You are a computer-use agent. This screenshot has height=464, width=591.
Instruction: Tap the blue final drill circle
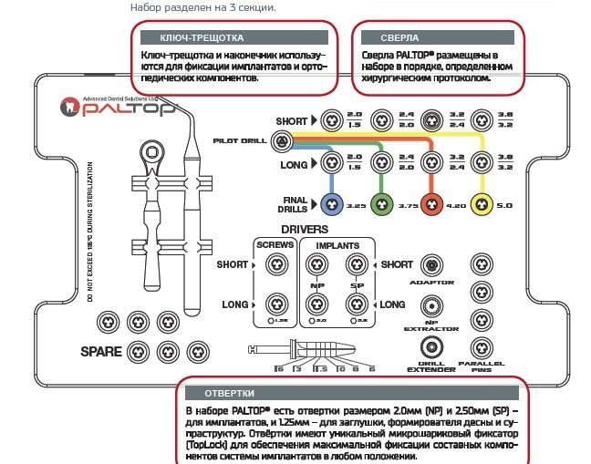pyautogui.click(x=331, y=205)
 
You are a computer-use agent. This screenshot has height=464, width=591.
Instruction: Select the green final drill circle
pyautogui.click(x=381, y=205)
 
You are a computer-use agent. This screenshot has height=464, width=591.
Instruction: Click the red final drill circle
pyautogui.click(x=431, y=205)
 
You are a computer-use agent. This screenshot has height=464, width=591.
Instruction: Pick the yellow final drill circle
pyautogui.click(x=481, y=205)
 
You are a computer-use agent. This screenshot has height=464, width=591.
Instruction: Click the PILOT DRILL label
pyautogui.click(x=240, y=141)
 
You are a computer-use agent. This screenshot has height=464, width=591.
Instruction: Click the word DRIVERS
pyautogui.click(x=305, y=230)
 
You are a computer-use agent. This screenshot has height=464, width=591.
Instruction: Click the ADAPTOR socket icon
pyautogui.click(x=431, y=265)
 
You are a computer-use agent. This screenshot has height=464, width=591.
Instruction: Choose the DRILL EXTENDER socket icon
pyautogui.click(x=431, y=347)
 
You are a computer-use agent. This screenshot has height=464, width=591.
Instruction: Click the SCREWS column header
pyautogui.click(x=274, y=245)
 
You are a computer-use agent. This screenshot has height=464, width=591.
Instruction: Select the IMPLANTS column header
pyautogui.click(x=337, y=245)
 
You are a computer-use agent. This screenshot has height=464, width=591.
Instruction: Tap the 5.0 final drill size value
pyautogui.click(x=505, y=206)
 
